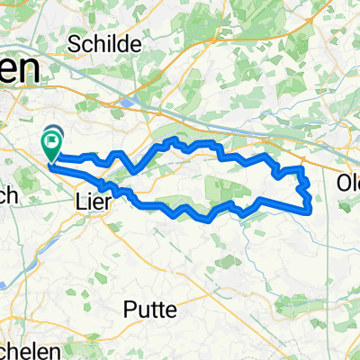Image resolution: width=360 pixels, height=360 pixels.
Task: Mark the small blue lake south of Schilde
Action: pos(127,103)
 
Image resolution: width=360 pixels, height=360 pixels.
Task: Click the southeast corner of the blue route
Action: pos(310,211)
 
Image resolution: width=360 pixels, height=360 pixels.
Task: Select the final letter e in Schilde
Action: pos(137,44)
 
